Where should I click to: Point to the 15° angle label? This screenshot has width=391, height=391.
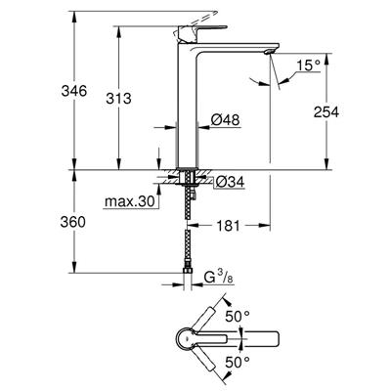pyautogui.click(x=311, y=65)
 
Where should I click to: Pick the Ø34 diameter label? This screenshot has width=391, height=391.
pyautogui.click(x=227, y=180)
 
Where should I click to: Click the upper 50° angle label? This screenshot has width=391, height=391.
pyautogui.click(x=238, y=319)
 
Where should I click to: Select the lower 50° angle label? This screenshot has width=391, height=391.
pyautogui.click(x=238, y=363)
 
